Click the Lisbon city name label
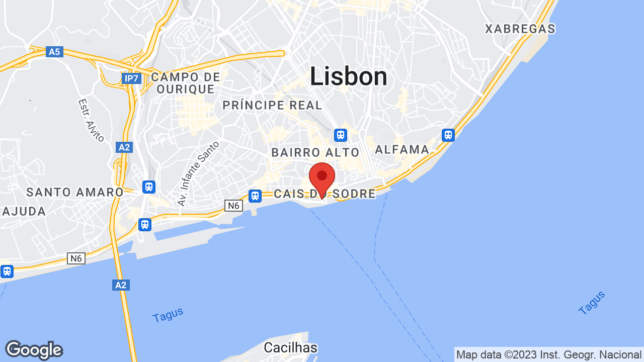[348, 77]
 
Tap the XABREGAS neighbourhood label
[520, 29]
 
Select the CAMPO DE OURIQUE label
[186, 83]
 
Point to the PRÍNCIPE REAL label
[272, 105]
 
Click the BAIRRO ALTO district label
[315, 152]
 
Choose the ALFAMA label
[402, 149]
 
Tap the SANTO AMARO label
[75, 192]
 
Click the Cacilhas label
[291, 347]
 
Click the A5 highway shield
[54, 52]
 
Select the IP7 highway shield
[131, 78]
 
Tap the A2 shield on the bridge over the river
[121, 285]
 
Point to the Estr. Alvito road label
[91, 120]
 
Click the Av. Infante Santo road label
[198, 173]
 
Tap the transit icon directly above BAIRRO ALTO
[341, 135]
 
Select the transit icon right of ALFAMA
[448, 135]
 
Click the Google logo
[34, 350]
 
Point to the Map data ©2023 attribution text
[548, 354]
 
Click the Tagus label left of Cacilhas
[168, 315]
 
